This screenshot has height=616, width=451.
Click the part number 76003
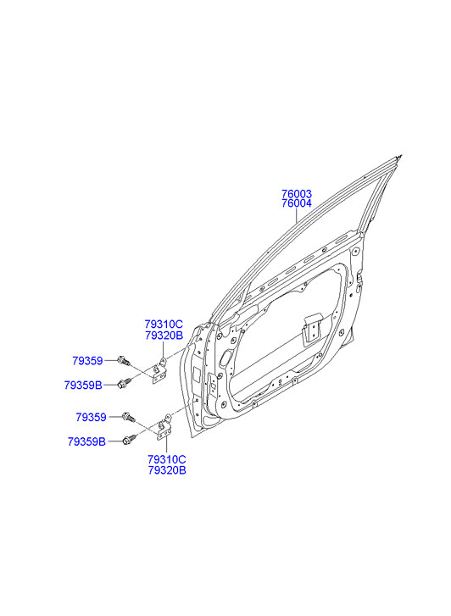297,194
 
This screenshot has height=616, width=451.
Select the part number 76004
297,203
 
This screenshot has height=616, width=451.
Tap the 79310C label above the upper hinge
164,325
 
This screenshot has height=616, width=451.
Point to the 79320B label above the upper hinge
164,336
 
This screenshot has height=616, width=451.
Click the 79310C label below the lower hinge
167,459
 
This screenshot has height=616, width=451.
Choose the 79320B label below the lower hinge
167,470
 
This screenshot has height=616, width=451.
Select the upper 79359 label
87,361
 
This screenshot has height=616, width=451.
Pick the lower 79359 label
91,417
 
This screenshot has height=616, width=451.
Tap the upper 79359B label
83,386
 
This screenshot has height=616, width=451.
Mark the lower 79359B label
86,442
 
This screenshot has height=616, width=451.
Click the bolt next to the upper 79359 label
123,360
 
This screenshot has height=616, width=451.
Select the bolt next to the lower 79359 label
129,417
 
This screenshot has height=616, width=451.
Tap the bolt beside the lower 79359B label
130,439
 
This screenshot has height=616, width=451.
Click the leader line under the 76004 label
297,216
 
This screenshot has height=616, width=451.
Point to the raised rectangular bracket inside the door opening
311,327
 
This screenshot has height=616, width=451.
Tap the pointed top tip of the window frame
401,156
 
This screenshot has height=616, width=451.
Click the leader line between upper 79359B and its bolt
109,386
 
